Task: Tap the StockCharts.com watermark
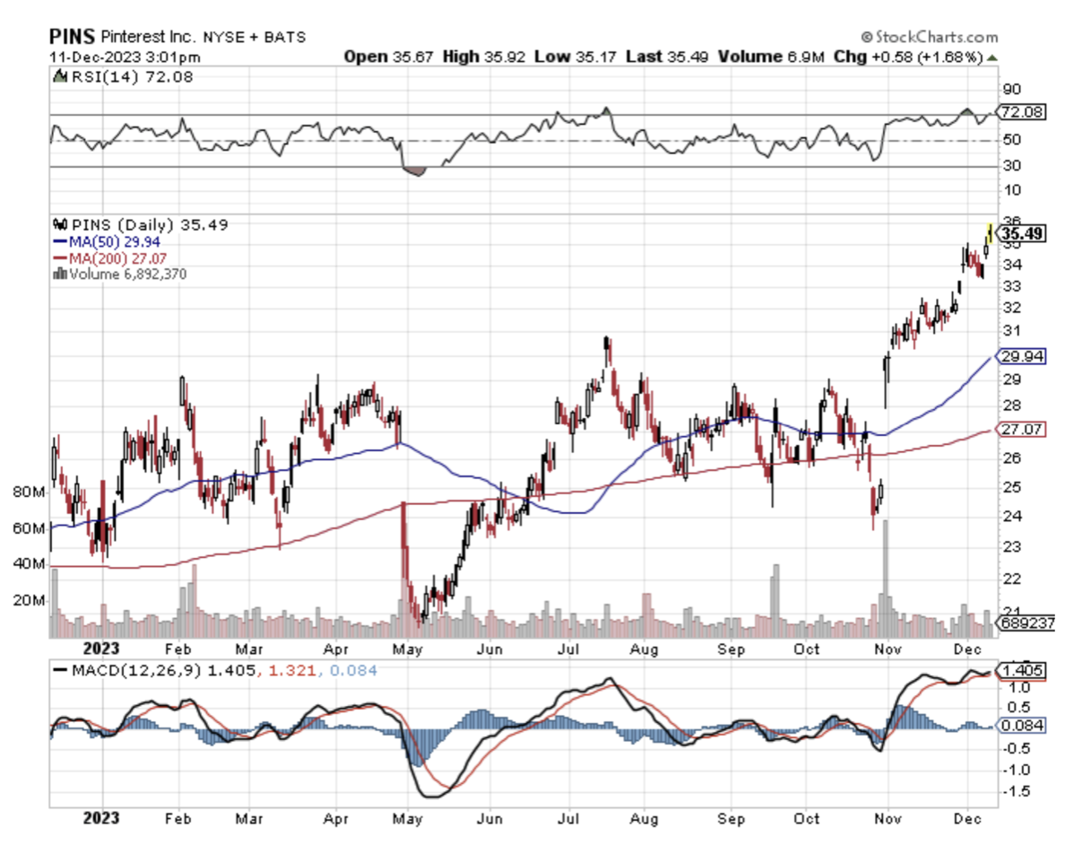(928, 37)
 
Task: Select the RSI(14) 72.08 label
(131, 77)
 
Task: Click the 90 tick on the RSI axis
(1011, 90)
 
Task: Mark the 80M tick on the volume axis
(29, 492)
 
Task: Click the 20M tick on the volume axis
(29, 600)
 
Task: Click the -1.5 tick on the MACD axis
(1016, 792)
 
